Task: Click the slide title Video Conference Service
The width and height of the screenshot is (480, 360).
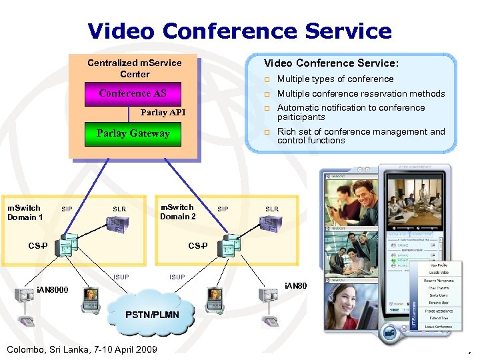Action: (x=239, y=31)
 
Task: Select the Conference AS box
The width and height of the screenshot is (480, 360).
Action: (x=133, y=93)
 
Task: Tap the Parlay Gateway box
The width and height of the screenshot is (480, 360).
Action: (x=133, y=133)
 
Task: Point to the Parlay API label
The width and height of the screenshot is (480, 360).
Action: (x=163, y=113)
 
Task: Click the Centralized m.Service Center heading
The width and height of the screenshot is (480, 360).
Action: (x=135, y=68)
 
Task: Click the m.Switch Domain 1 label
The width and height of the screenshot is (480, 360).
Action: (x=25, y=212)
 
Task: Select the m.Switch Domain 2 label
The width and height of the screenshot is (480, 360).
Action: (x=177, y=212)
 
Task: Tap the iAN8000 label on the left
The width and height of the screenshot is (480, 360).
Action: (x=52, y=289)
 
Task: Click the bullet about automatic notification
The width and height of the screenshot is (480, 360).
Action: (x=351, y=112)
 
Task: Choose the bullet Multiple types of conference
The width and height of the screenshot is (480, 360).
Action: (x=335, y=79)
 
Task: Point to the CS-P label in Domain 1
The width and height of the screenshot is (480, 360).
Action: (x=37, y=246)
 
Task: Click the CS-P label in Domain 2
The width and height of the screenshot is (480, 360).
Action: (x=198, y=246)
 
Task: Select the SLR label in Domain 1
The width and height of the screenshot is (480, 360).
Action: (x=119, y=209)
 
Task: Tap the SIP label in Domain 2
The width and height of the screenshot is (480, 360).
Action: (x=223, y=209)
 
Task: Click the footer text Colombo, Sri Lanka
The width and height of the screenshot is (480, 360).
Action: (x=81, y=349)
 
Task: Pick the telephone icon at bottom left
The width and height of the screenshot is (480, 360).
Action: (x=27, y=322)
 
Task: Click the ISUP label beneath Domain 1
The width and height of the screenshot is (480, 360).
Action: (x=121, y=277)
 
